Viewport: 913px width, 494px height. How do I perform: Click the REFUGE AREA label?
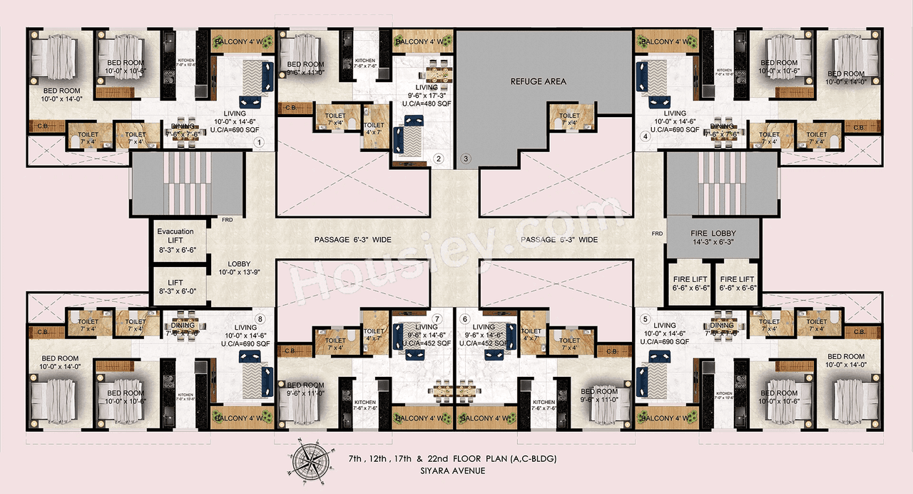pos(539,81)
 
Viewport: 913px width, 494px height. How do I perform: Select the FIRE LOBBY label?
pos(713,238)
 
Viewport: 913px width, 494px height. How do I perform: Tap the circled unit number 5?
pos(646,319)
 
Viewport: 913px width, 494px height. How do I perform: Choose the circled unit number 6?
pos(465,319)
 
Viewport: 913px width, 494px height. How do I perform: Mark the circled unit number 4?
pos(645,136)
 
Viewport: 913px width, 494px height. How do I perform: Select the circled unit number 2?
pos(439,158)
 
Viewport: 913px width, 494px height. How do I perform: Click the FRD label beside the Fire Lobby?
pos(657,233)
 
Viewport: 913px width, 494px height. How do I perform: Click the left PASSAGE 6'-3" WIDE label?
pos(352,240)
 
